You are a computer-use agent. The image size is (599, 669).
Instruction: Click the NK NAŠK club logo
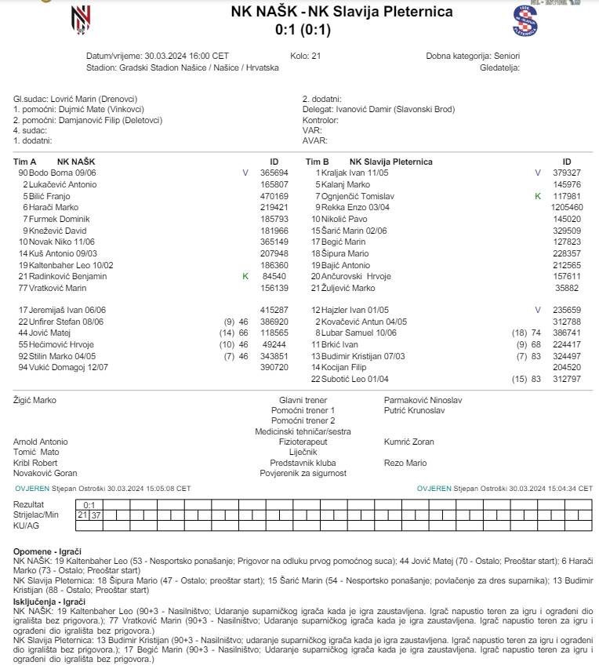pos(82,19)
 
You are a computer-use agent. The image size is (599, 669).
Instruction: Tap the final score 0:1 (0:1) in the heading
pos(303,31)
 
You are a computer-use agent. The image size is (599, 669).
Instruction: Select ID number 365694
pos(274,172)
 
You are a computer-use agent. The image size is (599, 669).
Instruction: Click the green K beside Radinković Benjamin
pos(245,277)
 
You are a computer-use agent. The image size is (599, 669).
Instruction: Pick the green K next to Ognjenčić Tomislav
pos(538,195)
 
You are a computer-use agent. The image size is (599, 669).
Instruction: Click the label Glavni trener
pos(303,400)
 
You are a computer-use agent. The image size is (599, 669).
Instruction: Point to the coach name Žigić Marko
pos(35,400)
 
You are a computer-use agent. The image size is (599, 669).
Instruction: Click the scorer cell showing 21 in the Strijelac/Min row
pos(82,514)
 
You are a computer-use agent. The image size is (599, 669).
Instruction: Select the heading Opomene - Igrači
pos(48,552)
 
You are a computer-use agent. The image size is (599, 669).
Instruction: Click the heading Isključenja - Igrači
pos(49,602)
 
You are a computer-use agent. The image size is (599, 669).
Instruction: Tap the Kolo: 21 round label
pos(305,56)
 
